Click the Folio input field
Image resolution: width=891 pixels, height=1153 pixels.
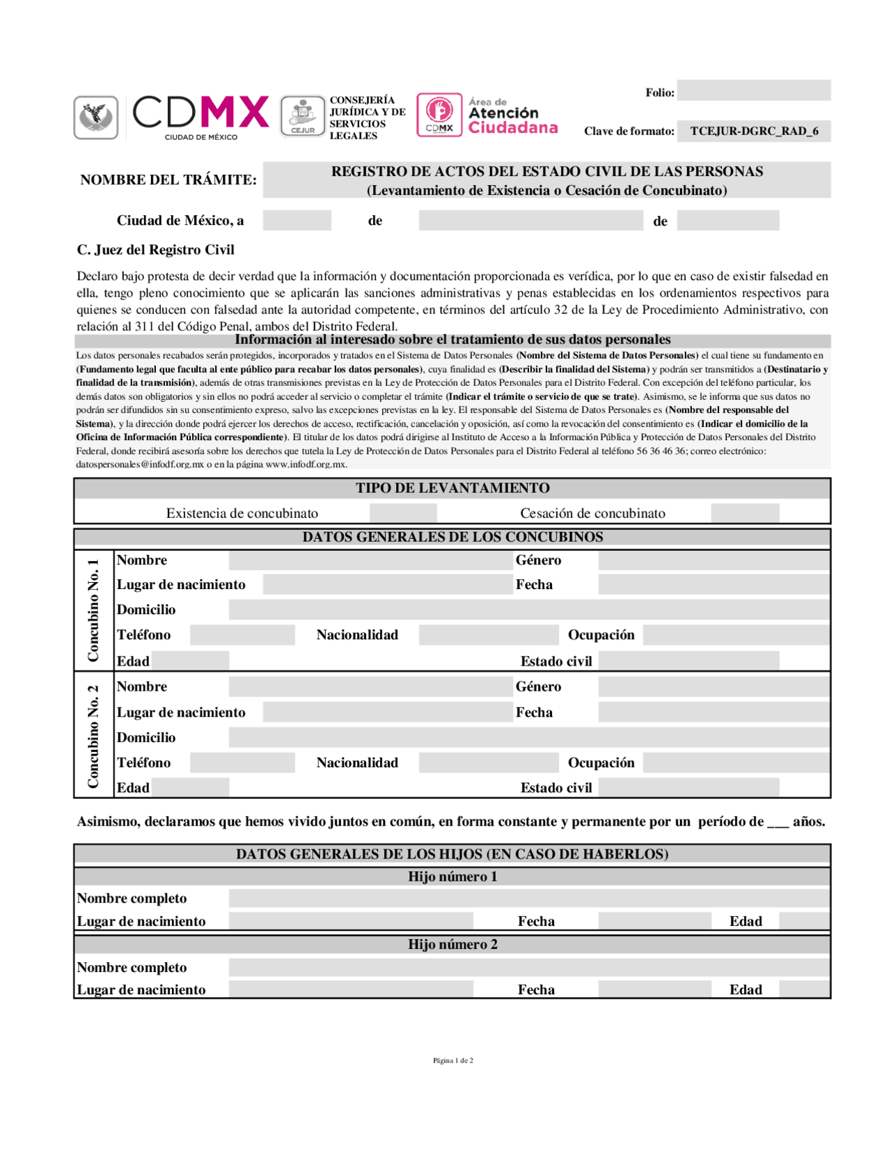tap(753, 91)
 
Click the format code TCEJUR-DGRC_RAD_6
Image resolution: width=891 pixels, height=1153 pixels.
tap(754, 131)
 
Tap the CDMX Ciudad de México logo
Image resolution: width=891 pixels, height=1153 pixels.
tap(200, 116)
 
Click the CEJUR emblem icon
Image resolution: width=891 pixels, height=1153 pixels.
tap(303, 116)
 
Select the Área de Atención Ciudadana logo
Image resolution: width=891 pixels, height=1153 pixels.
tap(488, 115)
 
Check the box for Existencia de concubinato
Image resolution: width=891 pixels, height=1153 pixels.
tap(403, 513)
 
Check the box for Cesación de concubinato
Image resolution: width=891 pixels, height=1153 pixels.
tap(745, 513)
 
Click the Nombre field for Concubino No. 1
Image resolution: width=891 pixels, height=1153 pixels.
tap(370, 560)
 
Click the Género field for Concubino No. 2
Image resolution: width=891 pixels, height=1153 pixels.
tap(713, 687)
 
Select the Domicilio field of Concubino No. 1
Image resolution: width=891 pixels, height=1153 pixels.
tap(529, 610)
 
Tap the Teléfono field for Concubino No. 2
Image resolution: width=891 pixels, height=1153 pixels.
tap(242, 763)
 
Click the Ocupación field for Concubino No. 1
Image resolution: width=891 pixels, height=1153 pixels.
tap(736, 635)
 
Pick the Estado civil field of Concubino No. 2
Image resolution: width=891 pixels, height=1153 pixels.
tap(688, 787)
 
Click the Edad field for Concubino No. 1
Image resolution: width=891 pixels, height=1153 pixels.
tap(190, 661)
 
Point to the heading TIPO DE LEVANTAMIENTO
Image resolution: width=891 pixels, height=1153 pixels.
tap(452, 488)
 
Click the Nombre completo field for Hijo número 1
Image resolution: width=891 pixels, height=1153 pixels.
tap(529, 898)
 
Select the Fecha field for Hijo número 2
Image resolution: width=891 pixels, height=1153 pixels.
tap(654, 989)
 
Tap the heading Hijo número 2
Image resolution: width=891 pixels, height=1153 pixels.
tap(452, 945)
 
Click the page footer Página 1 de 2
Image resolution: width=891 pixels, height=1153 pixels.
tap(452, 1060)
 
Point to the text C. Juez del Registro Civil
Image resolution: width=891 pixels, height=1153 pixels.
tap(155, 250)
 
